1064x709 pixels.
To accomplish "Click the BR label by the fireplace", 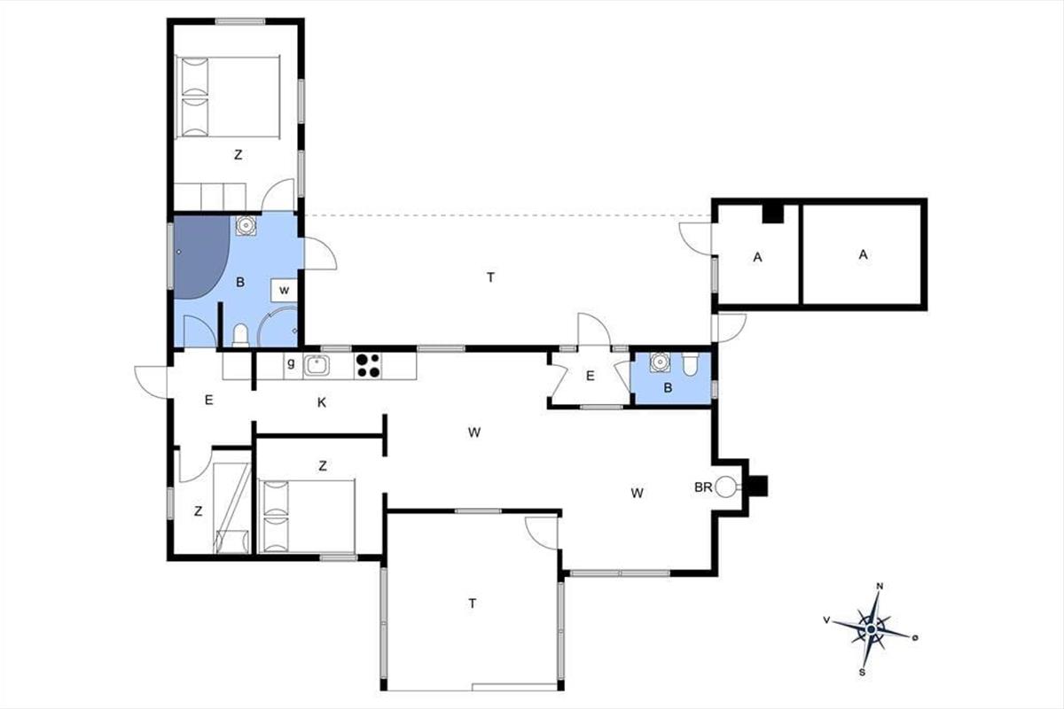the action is point(703,487).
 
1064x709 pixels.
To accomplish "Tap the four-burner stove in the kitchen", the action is point(368,366).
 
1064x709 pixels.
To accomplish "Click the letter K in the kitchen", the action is point(322,402).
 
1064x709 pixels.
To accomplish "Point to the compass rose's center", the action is point(871,629).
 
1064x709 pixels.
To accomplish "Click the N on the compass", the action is point(880,586).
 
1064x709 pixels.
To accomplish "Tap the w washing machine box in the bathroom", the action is point(284,290).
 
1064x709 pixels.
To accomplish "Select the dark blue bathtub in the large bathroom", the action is point(201,257).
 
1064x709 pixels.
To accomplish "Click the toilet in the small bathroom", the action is point(689,363).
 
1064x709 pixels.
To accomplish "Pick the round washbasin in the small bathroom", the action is point(660,362).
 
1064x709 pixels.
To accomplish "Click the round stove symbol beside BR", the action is point(725,487).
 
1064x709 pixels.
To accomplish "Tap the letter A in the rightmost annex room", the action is point(863,255).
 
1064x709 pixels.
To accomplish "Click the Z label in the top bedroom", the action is point(238,154).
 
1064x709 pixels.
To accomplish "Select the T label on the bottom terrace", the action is point(472,604).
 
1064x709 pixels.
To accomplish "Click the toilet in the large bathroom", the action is point(241,335).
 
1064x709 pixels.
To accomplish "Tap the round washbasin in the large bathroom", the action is point(246,225).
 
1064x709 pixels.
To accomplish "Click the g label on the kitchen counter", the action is point(291,363).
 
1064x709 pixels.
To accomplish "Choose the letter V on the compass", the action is point(826,619).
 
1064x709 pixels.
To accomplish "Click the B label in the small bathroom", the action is point(668,388).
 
